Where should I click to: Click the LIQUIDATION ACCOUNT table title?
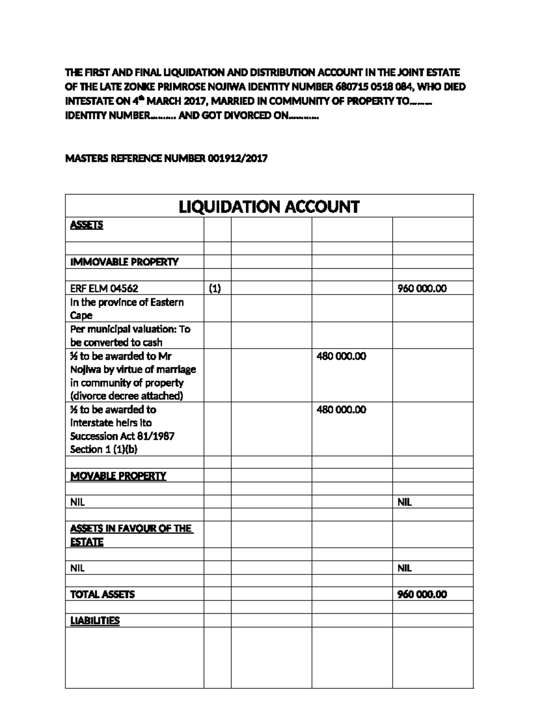click(x=269, y=207)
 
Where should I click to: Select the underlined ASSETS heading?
click(x=86, y=225)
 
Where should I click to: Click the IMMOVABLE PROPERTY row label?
click(x=124, y=262)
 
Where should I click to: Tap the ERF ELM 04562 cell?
click(x=104, y=289)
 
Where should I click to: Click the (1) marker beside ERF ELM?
click(x=215, y=289)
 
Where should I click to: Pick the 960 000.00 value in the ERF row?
click(x=422, y=289)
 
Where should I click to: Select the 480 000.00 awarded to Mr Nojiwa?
click(x=341, y=356)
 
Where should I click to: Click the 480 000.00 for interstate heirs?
click(x=341, y=410)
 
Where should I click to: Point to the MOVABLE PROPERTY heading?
click(x=118, y=476)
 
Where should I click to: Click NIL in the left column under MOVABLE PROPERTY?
click(x=77, y=502)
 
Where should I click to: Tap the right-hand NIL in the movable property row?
click(x=404, y=502)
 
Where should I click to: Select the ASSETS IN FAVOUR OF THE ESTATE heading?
click(x=131, y=535)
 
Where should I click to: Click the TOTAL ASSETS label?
click(x=102, y=594)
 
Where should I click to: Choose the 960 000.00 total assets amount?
click(x=422, y=594)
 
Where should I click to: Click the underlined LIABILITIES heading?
click(x=94, y=621)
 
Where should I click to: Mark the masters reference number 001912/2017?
click(x=237, y=159)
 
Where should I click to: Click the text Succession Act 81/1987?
click(x=122, y=436)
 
